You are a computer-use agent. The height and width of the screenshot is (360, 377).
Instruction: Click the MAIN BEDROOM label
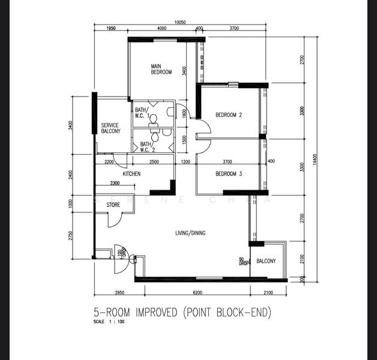coord(161,69)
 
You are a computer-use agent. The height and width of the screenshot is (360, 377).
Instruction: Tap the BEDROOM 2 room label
coord(228,115)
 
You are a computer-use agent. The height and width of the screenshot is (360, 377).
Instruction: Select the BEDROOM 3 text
coord(228,174)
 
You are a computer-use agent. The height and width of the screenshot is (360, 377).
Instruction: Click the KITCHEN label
coord(131,174)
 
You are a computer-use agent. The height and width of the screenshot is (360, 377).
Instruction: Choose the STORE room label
coord(113,205)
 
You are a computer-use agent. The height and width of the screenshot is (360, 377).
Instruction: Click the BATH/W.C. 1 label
coord(141,113)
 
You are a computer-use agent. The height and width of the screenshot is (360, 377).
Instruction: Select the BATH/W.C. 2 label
coord(146,146)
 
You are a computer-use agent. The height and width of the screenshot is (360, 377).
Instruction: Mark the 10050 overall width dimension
coord(180,22)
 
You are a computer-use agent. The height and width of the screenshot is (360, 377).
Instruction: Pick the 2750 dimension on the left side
coord(70,235)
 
